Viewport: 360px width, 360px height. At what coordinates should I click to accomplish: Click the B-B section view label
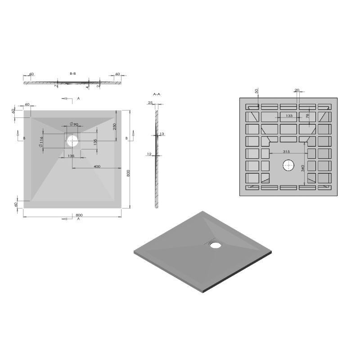[73, 73]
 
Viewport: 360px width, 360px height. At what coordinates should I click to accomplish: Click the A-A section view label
[157, 94]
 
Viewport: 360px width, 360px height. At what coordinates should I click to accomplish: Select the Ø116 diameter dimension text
[41, 142]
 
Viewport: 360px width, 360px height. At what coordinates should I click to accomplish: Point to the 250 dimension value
[115, 127]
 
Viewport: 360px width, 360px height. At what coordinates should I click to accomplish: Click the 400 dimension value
[96, 167]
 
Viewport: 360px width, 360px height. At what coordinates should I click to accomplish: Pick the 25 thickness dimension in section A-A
[150, 103]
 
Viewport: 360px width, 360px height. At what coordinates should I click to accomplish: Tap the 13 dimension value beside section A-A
[162, 134]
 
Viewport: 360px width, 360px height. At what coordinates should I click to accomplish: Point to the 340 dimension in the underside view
[303, 169]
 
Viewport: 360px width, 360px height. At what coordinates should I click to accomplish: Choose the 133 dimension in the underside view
[289, 116]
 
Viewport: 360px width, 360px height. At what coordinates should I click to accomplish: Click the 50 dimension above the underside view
[256, 91]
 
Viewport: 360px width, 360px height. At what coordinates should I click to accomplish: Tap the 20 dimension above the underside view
[297, 90]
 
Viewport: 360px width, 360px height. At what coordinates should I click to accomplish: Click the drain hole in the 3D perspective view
[215, 245]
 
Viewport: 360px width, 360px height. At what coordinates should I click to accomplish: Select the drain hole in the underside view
[288, 166]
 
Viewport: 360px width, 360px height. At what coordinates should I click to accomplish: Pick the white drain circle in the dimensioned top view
[72, 141]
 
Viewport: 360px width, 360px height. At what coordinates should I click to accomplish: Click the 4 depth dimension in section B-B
[87, 86]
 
